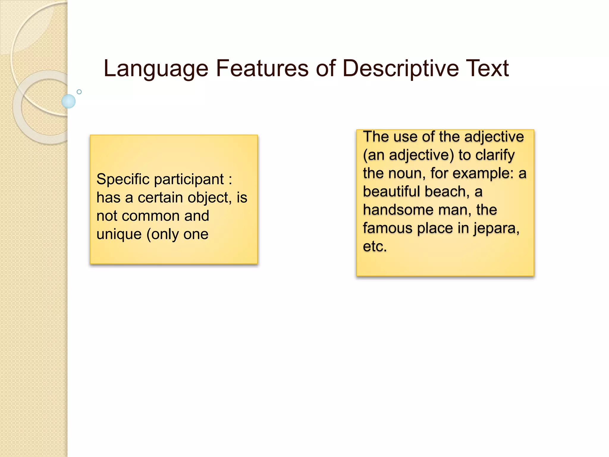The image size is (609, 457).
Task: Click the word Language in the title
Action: click(x=156, y=69)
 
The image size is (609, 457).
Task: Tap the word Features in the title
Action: click(x=262, y=68)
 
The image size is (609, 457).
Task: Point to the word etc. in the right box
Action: click(x=375, y=247)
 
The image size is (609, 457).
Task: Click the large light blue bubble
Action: click(x=68, y=101)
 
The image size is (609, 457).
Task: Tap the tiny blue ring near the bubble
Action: click(x=79, y=92)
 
